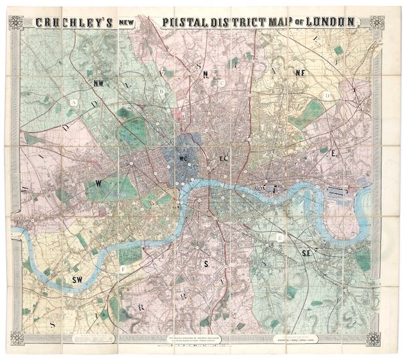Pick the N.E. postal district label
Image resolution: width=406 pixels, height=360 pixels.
[x=300, y=72]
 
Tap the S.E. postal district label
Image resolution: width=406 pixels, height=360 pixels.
[x=307, y=253]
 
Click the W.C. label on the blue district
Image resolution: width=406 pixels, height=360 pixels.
[x=186, y=158]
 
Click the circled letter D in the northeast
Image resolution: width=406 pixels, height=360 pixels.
[x=326, y=95]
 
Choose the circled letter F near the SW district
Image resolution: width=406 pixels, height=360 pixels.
[x=124, y=269]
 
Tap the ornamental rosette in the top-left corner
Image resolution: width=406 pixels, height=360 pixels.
[x=15, y=22]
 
